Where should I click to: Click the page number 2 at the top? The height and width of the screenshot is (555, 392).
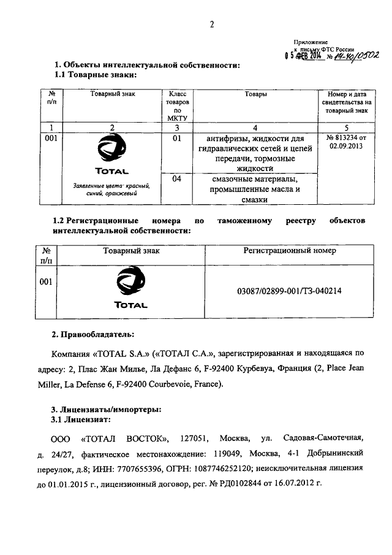click(x=211, y=25)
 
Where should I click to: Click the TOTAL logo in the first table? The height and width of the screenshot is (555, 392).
click(x=112, y=155)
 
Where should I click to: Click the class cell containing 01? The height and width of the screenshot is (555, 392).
click(x=178, y=139)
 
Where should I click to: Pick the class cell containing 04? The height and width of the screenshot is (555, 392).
click(x=178, y=179)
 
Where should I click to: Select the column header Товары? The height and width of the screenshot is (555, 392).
click(x=255, y=95)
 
